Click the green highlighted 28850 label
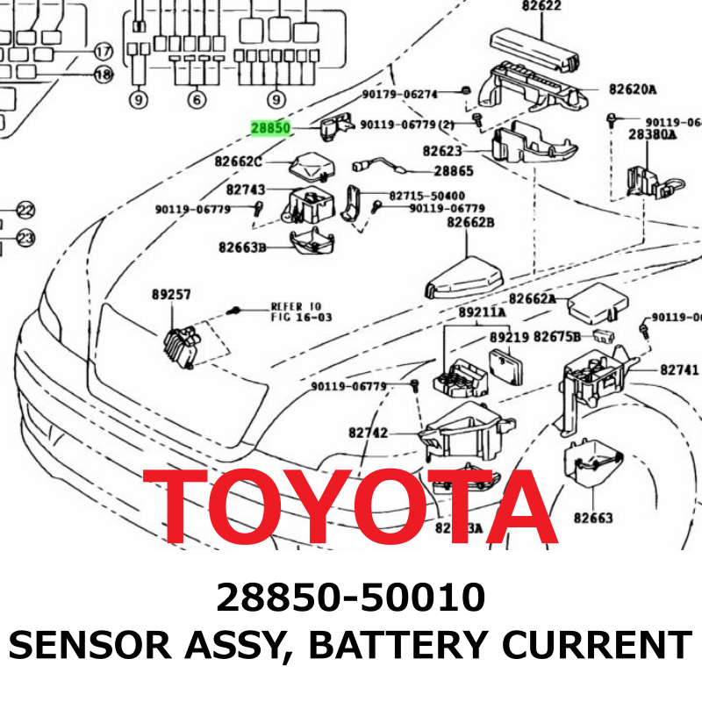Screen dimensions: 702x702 tap(270, 128)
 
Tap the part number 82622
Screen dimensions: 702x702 tap(541, 6)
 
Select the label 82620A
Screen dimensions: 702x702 tap(632, 90)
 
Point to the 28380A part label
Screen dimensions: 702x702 tap(652, 134)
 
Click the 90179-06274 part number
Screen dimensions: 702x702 tap(399, 94)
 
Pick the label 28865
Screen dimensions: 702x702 tap(454, 171)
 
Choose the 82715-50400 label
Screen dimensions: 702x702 tap(426, 196)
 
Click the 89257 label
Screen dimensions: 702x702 tap(171, 296)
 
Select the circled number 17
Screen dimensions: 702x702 tap(104, 51)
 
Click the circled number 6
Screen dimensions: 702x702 tap(196, 100)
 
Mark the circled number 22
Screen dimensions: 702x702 tap(25, 211)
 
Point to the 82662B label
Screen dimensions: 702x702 tap(470, 222)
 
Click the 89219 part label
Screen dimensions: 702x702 tap(508, 337)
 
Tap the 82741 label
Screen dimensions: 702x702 tap(679, 370)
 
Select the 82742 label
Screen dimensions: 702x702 tap(368, 433)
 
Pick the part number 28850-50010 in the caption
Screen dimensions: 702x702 tap(351, 598)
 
